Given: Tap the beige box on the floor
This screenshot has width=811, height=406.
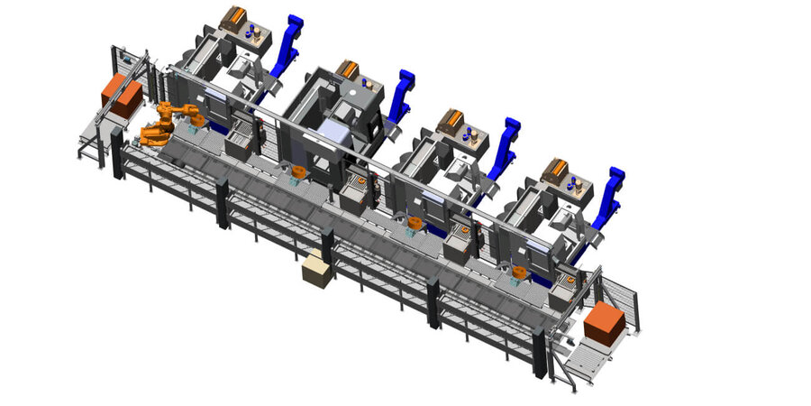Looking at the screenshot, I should (x=316, y=271).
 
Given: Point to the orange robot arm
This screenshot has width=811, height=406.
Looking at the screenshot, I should (x=168, y=124).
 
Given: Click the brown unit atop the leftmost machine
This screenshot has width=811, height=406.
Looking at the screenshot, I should (x=235, y=17).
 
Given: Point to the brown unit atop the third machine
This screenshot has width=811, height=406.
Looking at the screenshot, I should (x=450, y=119).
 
